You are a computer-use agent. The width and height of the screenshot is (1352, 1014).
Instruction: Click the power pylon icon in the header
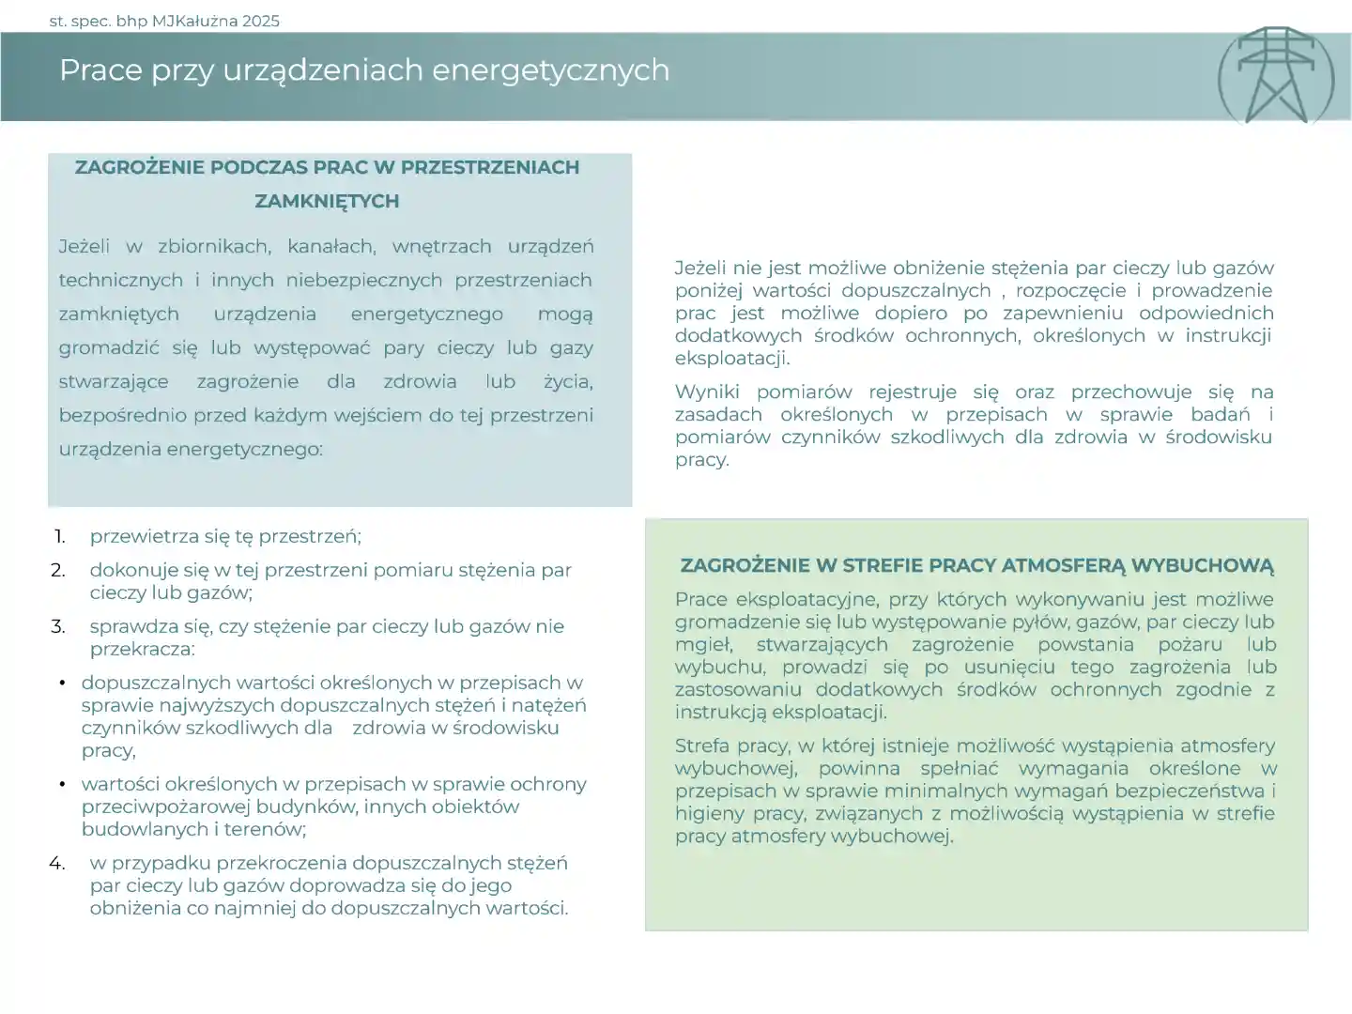click(1275, 76)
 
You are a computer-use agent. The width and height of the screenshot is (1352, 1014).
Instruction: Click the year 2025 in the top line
click(260, 21)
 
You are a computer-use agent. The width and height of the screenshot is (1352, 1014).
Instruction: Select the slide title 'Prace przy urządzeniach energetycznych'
click(364, 70)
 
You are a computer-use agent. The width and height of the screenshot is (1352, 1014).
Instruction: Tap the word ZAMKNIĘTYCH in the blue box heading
click(327, 201)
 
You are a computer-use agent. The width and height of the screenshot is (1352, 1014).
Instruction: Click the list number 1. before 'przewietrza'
click(59, 536)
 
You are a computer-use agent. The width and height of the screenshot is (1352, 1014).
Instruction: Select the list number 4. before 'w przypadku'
click(57, 863)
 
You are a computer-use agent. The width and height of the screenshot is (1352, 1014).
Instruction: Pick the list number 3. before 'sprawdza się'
click(58, 626)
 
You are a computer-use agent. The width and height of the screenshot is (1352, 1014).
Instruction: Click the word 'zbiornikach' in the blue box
click(214, 246)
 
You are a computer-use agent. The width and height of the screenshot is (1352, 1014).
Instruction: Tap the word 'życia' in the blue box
click(568, 381)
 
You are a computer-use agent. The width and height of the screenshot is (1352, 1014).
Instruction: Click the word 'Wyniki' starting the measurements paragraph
click(706, 392)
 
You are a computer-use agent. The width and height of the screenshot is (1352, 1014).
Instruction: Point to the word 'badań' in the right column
click(1220, 414)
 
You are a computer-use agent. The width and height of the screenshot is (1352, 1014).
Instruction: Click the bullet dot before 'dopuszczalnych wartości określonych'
click(62, 683)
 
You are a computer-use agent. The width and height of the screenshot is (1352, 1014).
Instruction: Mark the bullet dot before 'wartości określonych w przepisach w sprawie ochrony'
click(62, 784)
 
